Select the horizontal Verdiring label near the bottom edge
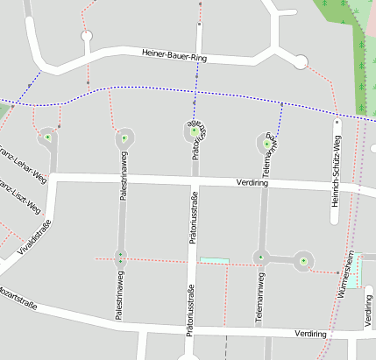click(x=311, y=334)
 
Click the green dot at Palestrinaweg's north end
click(x=124, y=138)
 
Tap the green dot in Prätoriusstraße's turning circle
click(x=194, y=131)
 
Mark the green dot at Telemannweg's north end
click(x=267, y=142)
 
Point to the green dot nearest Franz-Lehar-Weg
click(x=48, y=138)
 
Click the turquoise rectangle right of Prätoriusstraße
click(x=214, y=260)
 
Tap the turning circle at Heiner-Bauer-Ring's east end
click(x=302, y=61)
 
